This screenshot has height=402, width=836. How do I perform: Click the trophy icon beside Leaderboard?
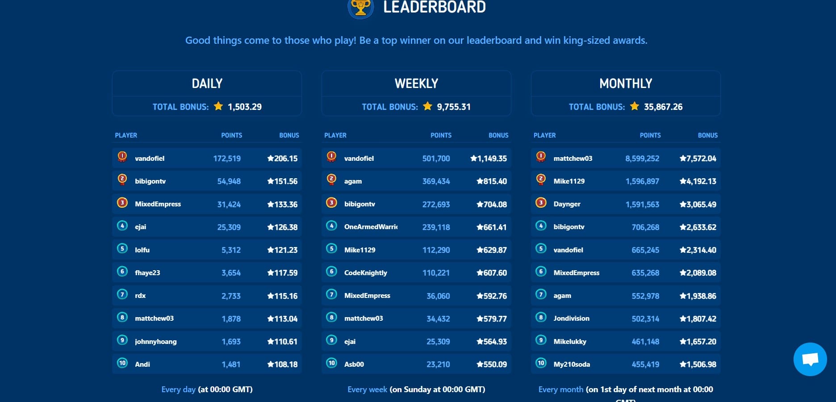click(361, 8)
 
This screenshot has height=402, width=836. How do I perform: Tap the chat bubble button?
click(810, 359)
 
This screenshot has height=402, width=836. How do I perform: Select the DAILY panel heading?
click(207, 84)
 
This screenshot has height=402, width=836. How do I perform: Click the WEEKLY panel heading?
click(416, 84)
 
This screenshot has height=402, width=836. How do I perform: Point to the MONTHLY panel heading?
click(625, 84)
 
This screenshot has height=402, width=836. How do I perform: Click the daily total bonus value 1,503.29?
click(244, 107)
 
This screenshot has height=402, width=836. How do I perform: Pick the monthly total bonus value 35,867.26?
click(663, 107)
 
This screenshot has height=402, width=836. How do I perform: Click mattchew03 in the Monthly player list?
click(573, 159)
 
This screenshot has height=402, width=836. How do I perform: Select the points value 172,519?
click(227, 159)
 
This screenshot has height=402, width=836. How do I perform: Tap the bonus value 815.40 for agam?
click(492, 181)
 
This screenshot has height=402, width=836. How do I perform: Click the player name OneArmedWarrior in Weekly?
click(371, 227)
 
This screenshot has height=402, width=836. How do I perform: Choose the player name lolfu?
click(142, 250)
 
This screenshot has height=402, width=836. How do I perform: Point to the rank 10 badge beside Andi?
click(122, 363)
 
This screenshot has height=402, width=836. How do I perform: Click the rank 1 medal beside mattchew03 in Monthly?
click(541, 157)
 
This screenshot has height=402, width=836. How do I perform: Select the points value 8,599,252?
click(642, 159)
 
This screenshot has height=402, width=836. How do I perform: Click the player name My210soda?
click(572, 364)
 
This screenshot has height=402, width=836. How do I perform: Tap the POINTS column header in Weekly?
click(441, 135)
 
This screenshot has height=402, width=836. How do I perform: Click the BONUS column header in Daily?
click(289, 135)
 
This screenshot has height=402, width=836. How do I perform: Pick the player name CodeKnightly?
click(365, 273)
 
